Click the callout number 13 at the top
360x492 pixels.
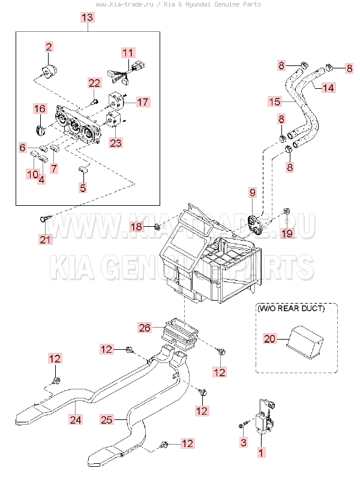87,18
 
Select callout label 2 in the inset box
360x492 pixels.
49,46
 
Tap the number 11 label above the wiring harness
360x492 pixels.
127,53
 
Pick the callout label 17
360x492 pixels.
142,101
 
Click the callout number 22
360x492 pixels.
94,83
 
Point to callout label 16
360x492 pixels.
40,109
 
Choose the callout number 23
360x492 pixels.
115,143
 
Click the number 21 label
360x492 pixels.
46,240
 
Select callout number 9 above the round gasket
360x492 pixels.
253,193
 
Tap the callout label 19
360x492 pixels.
287,233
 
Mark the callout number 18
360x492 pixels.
137,226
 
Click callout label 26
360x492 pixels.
145,328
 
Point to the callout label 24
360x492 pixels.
74,419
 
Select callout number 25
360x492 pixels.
106,421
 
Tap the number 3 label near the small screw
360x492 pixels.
243,442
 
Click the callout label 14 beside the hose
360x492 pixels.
328,88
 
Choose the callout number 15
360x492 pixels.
274,101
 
